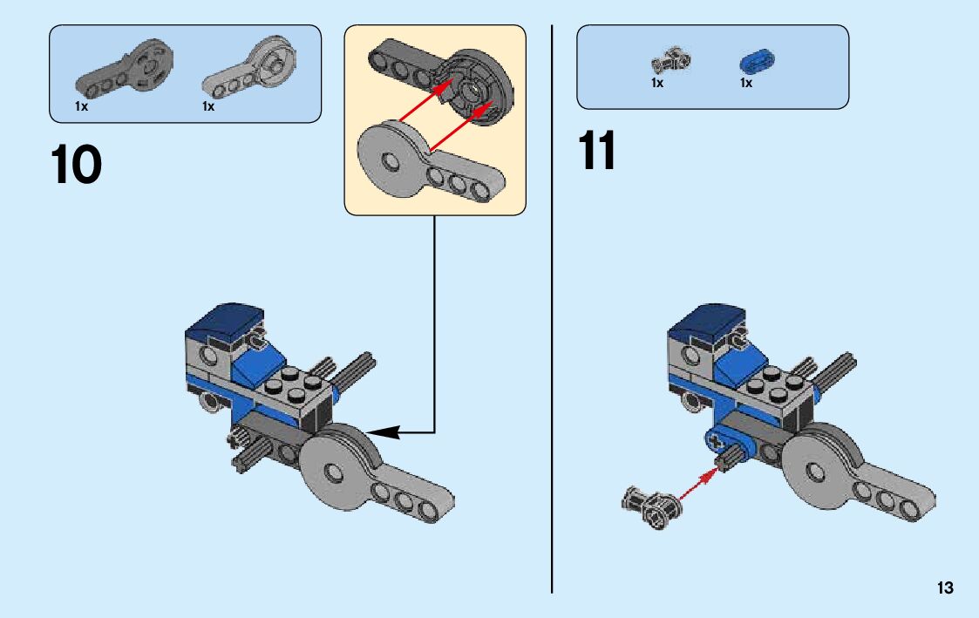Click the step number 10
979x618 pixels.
pos(77,166)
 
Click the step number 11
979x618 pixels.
pos(596,152)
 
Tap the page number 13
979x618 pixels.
pos(946,588)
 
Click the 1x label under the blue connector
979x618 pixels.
pos(746,84)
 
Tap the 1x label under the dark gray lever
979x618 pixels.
pos(81,106)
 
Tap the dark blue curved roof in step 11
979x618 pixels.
pos(705,323)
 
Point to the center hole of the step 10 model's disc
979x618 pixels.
pos(332,471)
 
